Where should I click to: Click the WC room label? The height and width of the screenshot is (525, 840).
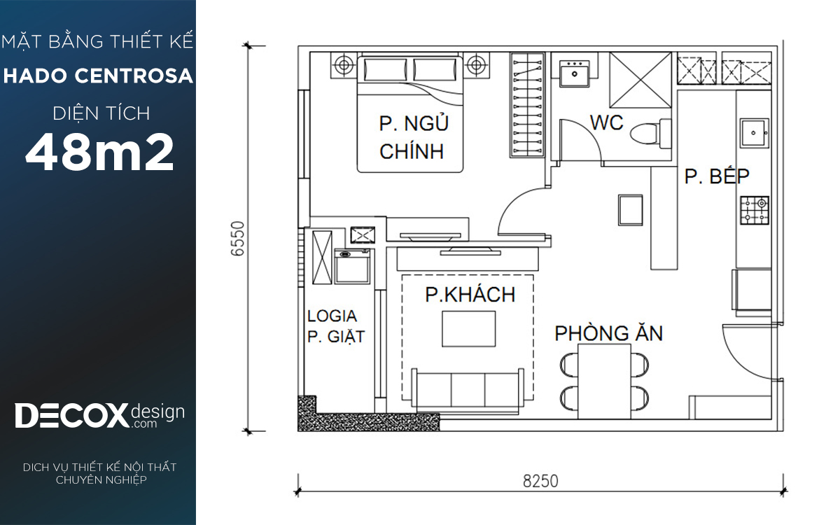tap(606, 122)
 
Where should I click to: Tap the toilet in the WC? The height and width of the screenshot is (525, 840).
tap(650, 134)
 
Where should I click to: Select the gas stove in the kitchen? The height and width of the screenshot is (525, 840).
tap(755, 211)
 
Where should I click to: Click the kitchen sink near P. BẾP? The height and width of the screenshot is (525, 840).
tap(755, 133)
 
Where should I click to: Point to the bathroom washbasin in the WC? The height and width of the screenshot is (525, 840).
tap(574, 73)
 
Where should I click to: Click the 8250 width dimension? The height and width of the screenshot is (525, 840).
tap(540, 481)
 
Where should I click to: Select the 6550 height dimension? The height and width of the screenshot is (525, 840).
tap(237, 239)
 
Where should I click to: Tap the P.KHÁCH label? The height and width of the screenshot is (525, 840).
tap(470, 295)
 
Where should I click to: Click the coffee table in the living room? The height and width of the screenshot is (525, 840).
tap(468, 329)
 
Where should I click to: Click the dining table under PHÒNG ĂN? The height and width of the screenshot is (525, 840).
tap(604, 381)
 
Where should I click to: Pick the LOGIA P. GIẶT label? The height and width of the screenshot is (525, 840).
tap(335, 326)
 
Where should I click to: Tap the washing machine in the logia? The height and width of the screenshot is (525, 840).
tap(352, 266)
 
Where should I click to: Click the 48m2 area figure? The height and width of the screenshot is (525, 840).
tap(99, 153)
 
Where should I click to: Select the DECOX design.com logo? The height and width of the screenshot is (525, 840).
tap(99, 415)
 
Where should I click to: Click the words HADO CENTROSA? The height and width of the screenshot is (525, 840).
tap(98, 76)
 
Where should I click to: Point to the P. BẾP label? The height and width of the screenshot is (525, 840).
tap(717, 176)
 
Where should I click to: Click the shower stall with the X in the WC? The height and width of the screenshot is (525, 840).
tap(640, 80)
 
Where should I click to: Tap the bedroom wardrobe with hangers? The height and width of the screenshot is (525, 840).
tap(527, 104)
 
